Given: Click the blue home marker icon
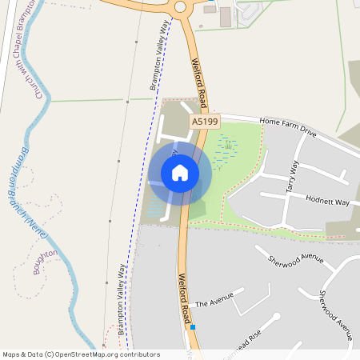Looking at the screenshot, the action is click(x=180, y=173).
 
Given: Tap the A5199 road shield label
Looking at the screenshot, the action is click(x=205, y=121).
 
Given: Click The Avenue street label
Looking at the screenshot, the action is click(x=213, y=303).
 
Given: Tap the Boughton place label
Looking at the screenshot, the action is click(x=46, y=262).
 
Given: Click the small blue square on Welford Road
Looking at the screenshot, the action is click(x=192, y=327).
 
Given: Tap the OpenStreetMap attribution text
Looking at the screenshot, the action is click(x=81, y=354).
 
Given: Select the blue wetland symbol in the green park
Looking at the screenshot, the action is click(x=226, y=147).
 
